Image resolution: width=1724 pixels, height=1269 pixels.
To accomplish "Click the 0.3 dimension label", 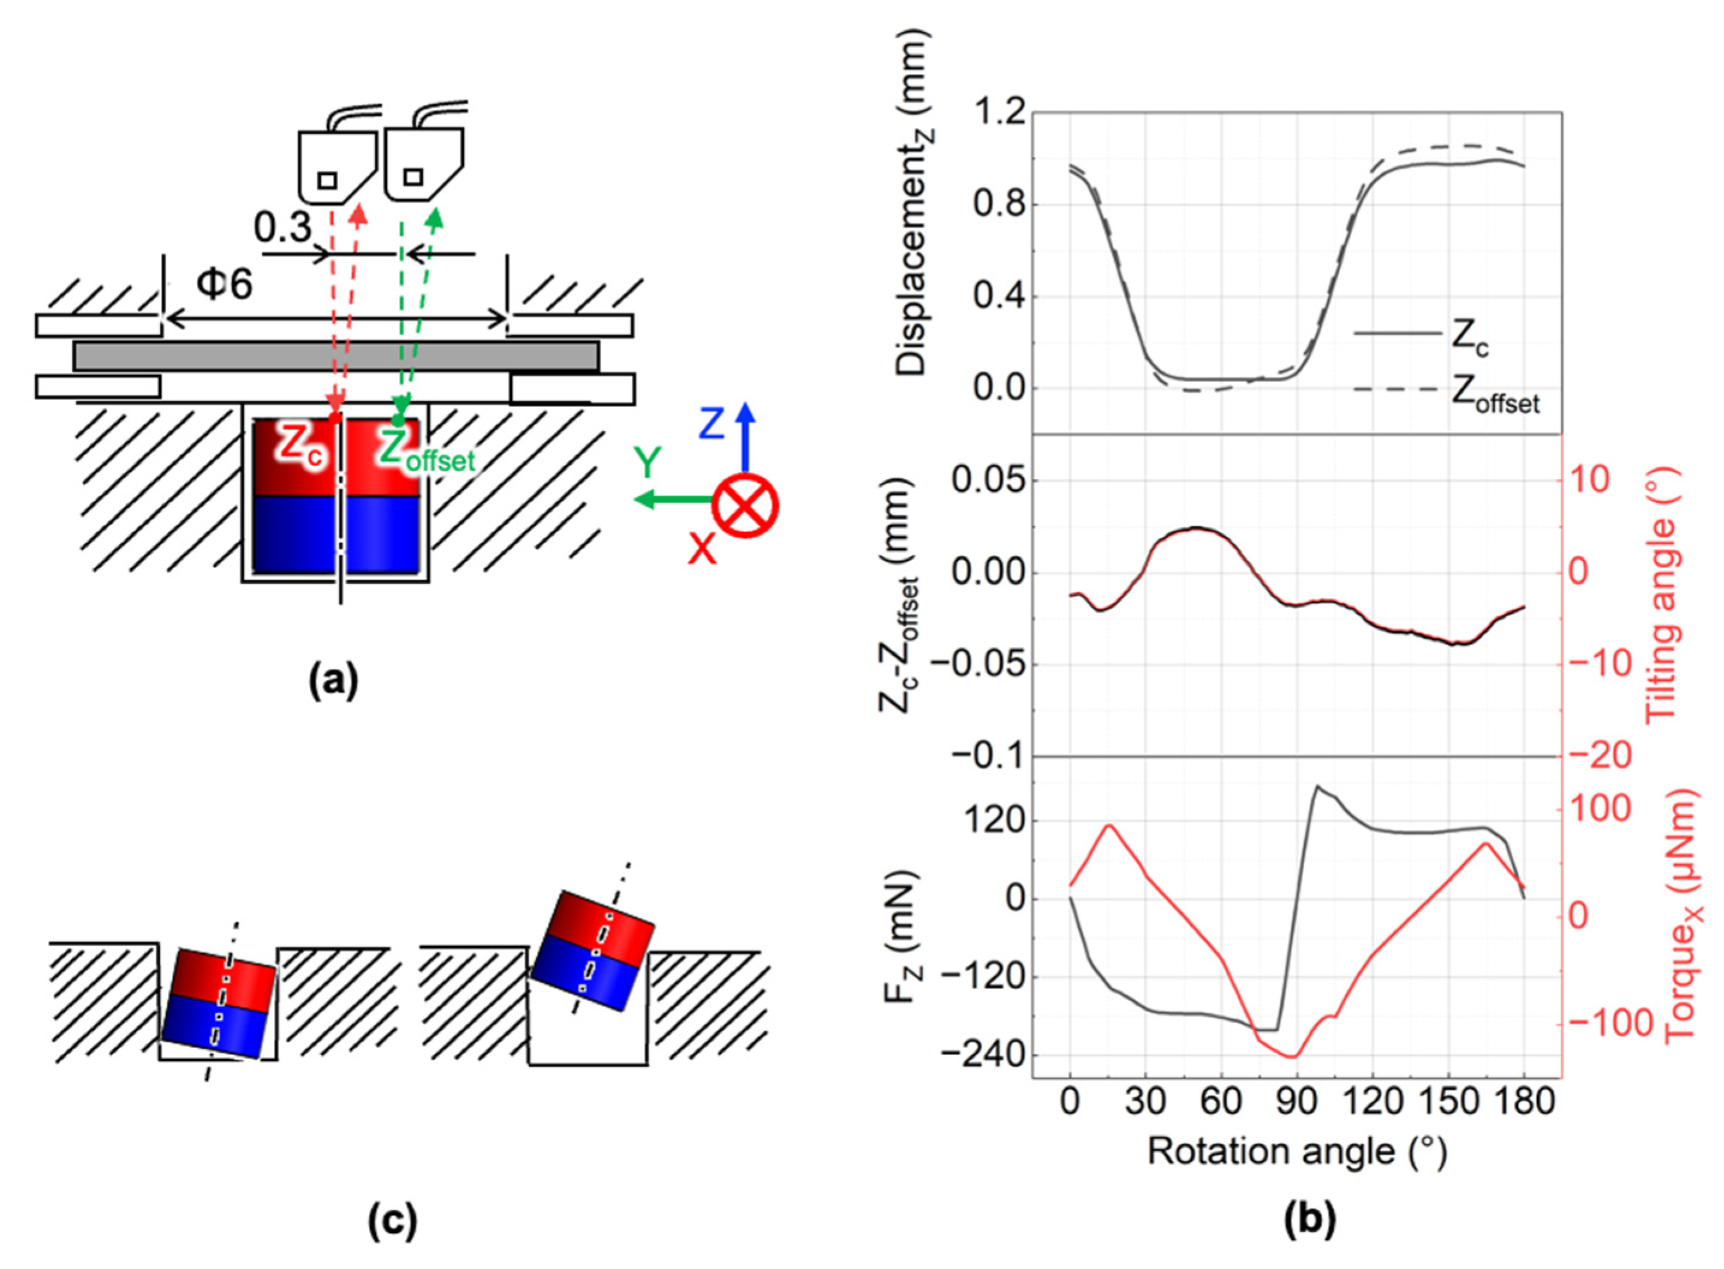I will tap(283, 228).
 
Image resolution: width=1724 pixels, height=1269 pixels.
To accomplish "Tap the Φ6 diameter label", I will tap(224, 286).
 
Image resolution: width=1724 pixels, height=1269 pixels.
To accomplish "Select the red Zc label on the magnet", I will tap(300, 446).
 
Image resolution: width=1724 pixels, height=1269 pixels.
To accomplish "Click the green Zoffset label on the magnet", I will tap(427, 453).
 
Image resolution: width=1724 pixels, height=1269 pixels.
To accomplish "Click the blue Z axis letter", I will tap(711, 424).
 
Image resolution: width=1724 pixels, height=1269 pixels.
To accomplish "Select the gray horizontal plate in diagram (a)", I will tap(336, 356).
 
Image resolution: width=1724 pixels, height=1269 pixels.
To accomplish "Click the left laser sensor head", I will tap(336, 165).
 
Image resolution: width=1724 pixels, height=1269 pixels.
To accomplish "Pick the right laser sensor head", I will tap(422, 163).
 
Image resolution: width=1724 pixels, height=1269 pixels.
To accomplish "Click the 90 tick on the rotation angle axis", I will tap(1297, 1102).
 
